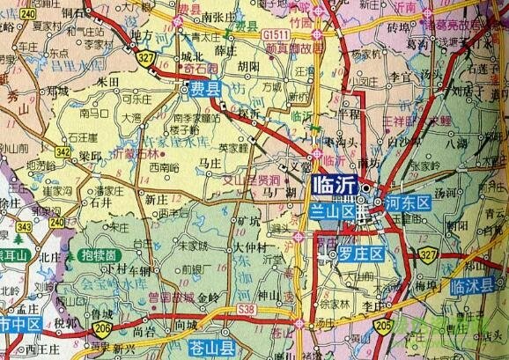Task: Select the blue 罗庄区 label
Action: click(361, 255)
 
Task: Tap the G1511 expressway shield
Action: click(273, 33)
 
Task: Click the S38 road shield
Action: click(247, 310)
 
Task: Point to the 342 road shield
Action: click(62, 151)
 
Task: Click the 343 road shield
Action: click(23, 227)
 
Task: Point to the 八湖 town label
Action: click(482, 142)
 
